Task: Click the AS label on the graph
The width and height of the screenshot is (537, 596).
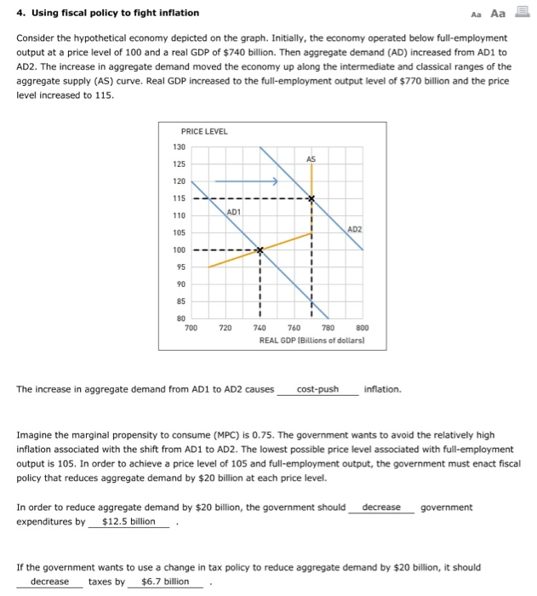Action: [x=311, y=159]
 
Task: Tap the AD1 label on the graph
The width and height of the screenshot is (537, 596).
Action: [x=235, y=210]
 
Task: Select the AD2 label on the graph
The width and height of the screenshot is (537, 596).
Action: [x=355, y=229]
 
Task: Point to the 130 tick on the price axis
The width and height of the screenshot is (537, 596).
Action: [x=180, y=146]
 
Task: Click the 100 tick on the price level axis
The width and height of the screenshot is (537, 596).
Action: [x=180, y=250]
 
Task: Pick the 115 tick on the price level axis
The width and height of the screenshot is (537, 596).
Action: [x=180, y=198]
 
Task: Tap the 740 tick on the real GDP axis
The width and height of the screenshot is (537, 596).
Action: [x=260, y=328]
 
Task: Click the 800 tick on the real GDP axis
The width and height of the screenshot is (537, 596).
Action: [x=363, y=328]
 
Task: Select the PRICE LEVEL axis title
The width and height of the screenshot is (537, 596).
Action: [x=203, y=130]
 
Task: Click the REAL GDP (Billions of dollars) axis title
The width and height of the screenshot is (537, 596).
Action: [x=312, y=339]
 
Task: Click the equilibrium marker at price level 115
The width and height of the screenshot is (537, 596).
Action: [x=311, y=198]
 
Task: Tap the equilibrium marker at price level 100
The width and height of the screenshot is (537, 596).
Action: [x=260, y=250]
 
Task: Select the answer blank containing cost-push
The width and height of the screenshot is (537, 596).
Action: [x=317, y=390]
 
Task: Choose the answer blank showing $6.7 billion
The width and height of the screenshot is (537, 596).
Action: [x=165, y=582]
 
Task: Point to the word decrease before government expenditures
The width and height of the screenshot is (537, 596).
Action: [x=380, y=507]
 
